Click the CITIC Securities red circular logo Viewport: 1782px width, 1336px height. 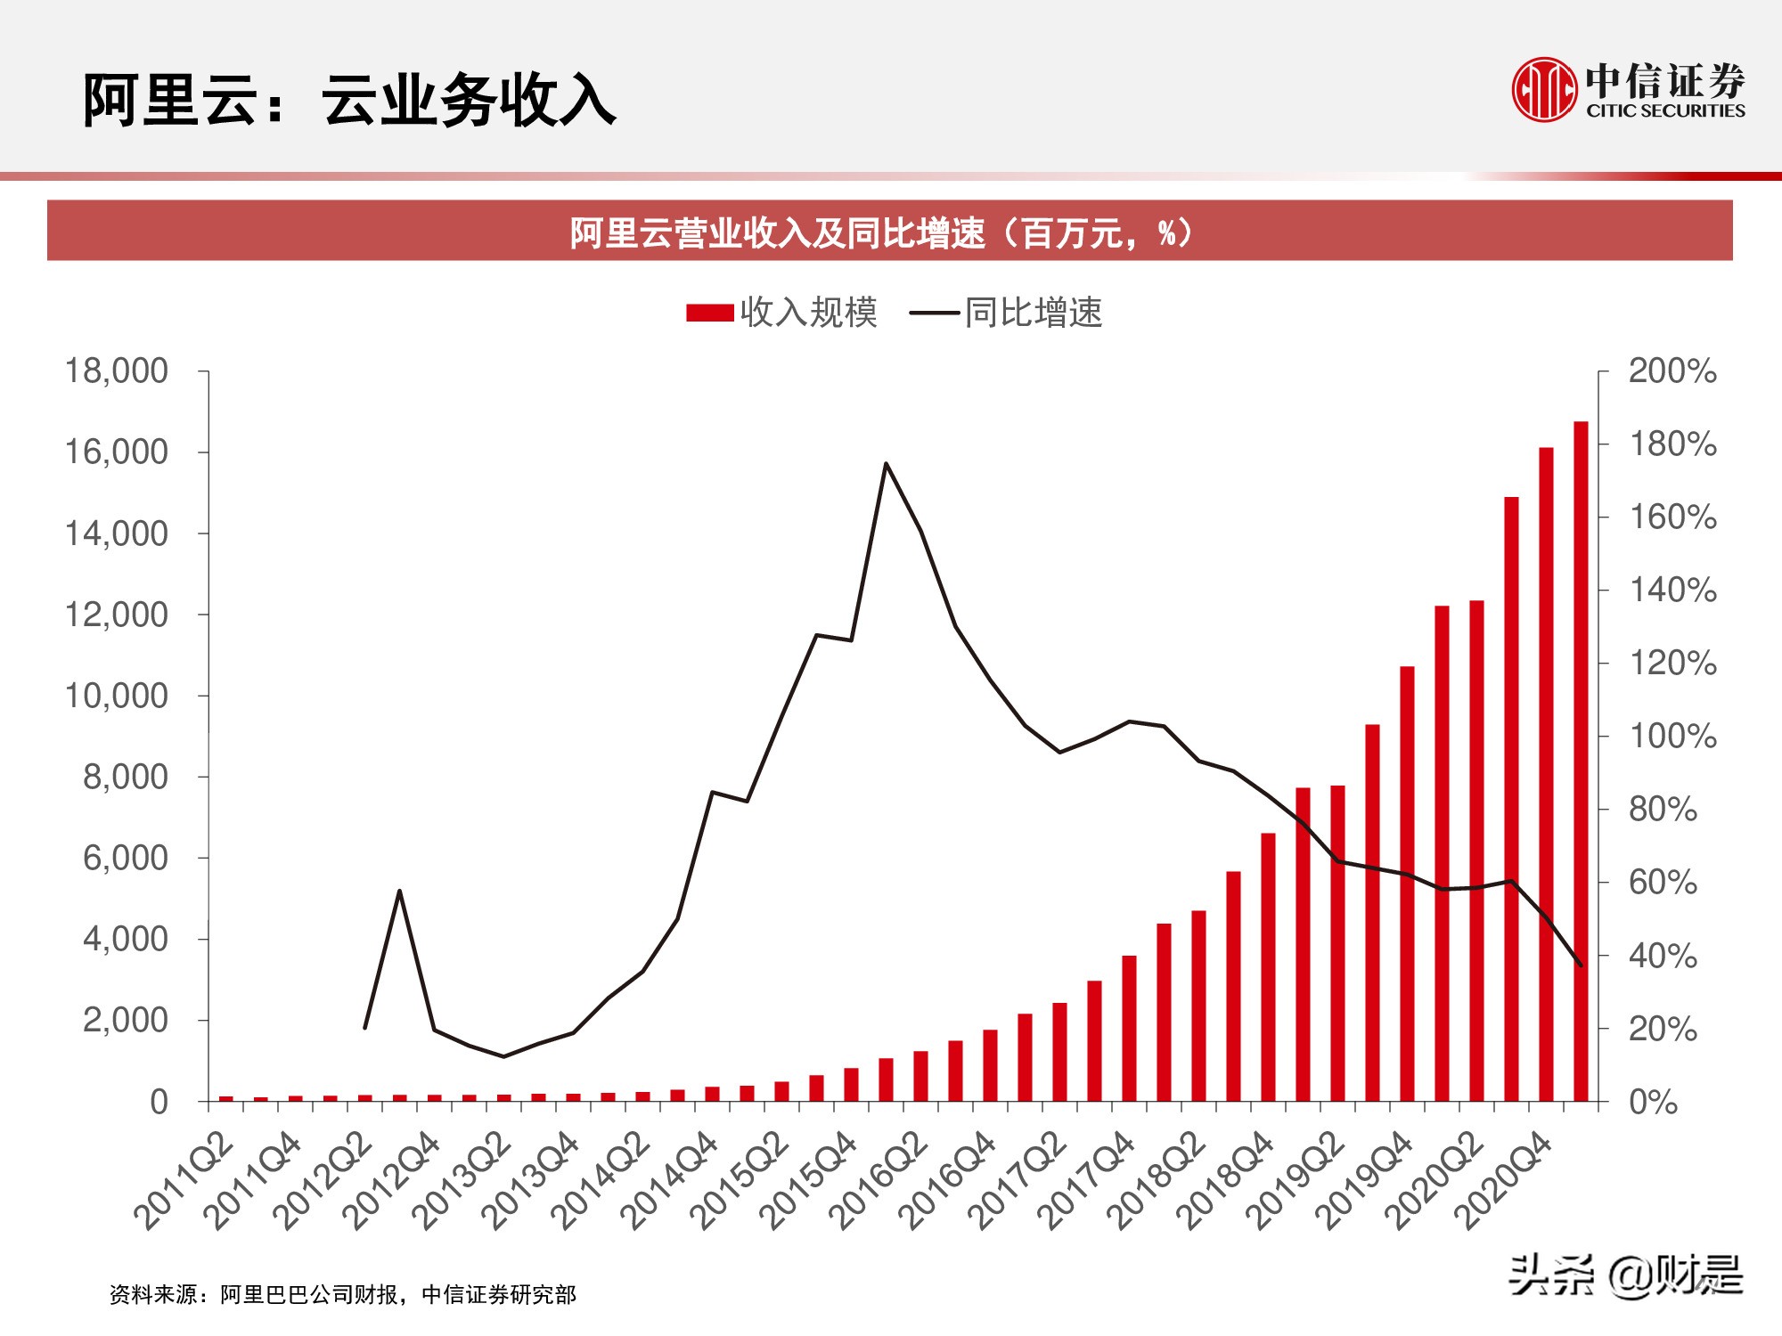point(1543,89)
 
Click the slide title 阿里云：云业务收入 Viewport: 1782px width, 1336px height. point(349,100)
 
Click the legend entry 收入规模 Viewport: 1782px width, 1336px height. point(782,313)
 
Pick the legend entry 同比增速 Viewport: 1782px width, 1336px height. point(1007,313)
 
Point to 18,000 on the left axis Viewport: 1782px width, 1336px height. point(116,371)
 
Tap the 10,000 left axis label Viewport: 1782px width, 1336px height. point(116,696)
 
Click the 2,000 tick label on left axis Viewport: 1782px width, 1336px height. point(125,1020)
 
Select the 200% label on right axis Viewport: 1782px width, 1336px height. point(1672,371)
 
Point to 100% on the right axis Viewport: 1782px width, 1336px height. point(1672,737)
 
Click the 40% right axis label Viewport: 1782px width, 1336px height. point(1663,956)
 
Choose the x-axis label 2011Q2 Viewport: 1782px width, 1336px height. point(184,1181)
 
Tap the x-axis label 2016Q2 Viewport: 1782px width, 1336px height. point(879,1181)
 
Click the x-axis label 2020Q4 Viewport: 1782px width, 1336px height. point(1504,1181)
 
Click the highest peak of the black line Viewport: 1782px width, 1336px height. point(886,463)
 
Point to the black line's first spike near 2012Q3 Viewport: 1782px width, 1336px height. point(399,891)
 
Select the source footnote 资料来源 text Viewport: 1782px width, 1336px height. point(343,1294)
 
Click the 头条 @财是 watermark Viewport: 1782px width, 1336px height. point(1625,1275)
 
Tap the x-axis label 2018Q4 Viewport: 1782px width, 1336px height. point(1226,1181)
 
